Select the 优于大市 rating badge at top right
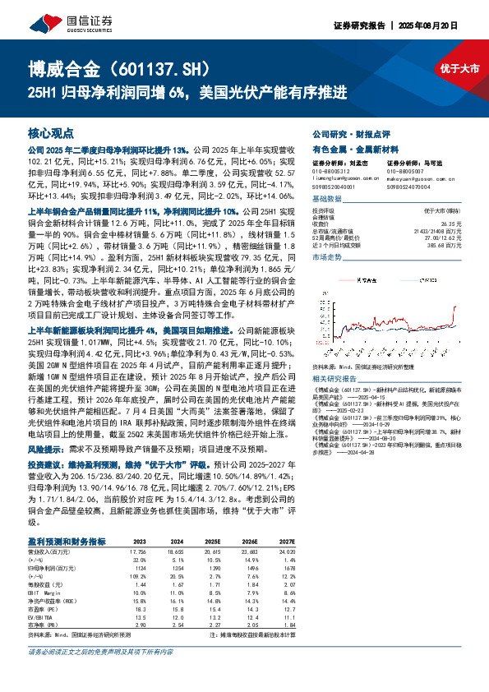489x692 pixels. tap(459, 69)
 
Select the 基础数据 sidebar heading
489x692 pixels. tap(327, 199)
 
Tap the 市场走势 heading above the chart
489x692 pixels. tap(327, 258)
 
